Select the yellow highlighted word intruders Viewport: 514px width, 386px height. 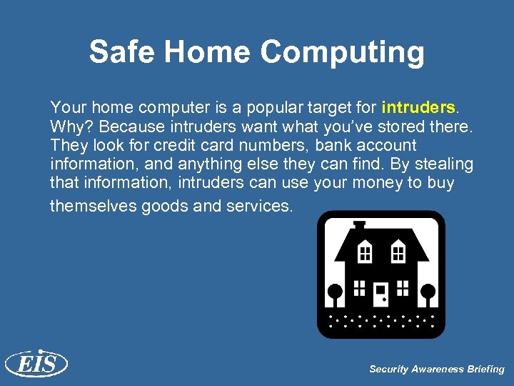pos(418,108)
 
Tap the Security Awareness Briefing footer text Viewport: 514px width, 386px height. pos(436,370)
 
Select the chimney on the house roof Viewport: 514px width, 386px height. pos(358,226)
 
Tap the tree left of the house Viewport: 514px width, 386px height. pos(334,293)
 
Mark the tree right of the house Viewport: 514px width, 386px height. pos(428,293)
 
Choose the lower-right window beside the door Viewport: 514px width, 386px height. pos(403,287)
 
